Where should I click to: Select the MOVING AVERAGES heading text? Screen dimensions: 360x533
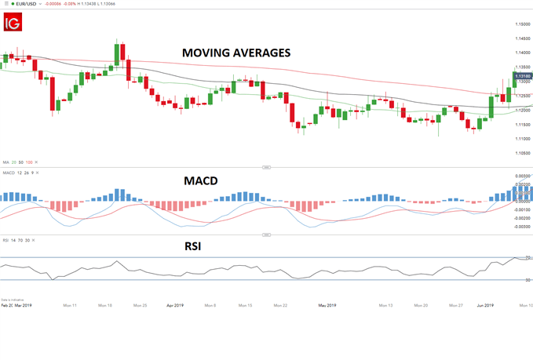(x=236, y=53)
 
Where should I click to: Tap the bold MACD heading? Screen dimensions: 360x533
(x=200, y=180)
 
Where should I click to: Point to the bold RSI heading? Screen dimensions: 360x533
(x=192, y=245)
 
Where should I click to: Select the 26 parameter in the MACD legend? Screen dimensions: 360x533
(x=24, y=172)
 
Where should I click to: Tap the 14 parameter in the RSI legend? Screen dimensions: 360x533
(x=13, y=240)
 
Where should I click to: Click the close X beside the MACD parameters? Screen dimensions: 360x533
(x=37, y=172)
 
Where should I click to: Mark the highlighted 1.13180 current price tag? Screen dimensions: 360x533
(x=521, y=75)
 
